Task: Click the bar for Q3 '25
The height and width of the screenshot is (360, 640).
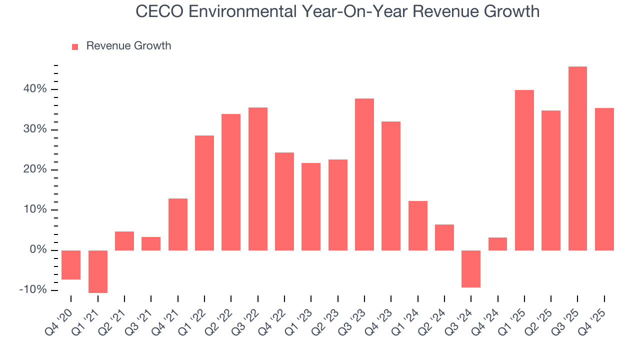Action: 577,158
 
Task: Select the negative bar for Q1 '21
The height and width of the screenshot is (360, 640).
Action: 98,271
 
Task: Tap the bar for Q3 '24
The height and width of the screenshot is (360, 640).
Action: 471,269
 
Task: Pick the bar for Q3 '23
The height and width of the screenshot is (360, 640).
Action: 364,174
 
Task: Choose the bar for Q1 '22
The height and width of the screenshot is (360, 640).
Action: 204,193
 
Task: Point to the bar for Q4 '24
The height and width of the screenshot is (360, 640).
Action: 497,244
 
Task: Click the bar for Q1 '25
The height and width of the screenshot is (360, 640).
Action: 524,170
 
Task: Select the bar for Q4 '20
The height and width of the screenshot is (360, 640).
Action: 71,265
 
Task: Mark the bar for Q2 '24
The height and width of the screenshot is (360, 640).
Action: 444,237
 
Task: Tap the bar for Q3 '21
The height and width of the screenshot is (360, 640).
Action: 151,243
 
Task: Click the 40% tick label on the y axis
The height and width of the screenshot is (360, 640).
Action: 34,89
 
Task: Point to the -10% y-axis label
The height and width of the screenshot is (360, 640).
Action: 33,290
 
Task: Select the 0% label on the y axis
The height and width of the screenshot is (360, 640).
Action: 38,250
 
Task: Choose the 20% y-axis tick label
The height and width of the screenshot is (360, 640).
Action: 34,170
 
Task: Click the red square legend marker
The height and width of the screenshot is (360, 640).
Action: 75,47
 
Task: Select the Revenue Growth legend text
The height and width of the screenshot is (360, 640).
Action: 128,46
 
